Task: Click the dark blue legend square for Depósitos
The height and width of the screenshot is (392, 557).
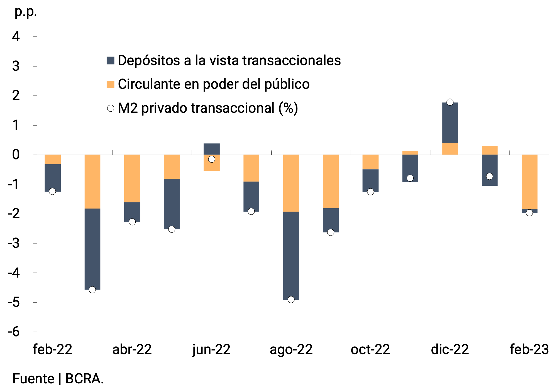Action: (110, 60)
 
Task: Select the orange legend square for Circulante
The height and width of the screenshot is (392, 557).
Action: (110, 84)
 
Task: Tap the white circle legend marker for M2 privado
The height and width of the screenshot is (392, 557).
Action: (111, 108)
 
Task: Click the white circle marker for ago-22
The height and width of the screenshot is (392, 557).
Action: (291, 300)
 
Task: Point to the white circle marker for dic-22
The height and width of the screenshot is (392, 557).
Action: (450, 102)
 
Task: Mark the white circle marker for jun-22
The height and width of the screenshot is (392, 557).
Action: (211, 159)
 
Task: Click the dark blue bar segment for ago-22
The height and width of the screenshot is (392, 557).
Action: (291, 256)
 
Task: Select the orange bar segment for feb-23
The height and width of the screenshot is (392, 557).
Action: (529, 182)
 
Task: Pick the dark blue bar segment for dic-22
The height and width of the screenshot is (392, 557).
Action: (450, 123)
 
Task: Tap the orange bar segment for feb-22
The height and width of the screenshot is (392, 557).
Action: (53, 160)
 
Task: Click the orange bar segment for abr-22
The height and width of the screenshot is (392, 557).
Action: (132, 178)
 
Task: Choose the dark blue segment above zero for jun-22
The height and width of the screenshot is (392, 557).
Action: (211, 149)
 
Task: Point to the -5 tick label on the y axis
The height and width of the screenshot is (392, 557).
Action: (14, 302)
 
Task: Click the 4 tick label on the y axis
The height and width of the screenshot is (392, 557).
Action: (16, 37)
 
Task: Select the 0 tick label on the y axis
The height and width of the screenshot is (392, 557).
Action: (16, 155)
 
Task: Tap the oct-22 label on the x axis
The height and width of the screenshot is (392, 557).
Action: (370, 349)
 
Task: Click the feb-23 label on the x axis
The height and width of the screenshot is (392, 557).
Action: (529, 349)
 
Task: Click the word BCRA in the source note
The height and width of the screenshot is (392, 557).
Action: (84, 379)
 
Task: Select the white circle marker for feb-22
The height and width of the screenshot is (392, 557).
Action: (52, 191)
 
